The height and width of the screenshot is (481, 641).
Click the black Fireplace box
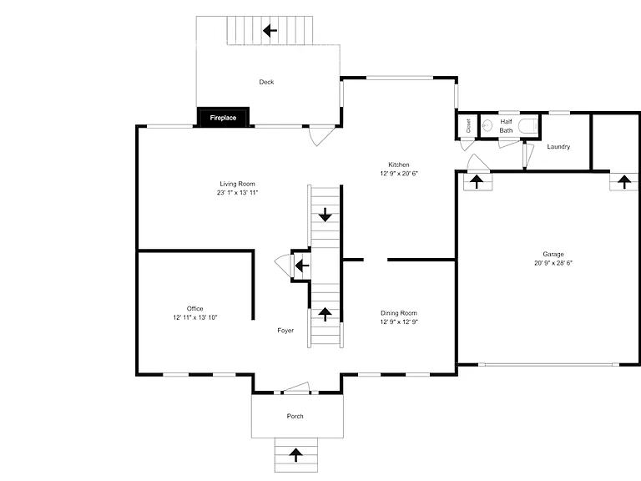223,118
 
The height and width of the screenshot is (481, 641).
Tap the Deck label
266,82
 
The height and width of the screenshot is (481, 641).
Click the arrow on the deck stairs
270,30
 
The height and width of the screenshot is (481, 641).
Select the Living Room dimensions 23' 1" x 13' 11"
238,193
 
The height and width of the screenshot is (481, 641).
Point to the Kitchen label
399,165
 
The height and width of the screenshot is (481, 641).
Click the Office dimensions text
195,317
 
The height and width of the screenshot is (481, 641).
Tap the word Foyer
285,331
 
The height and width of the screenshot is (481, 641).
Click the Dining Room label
399,313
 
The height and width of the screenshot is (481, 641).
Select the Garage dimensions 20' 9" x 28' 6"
553,263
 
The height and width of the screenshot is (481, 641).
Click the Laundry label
558,146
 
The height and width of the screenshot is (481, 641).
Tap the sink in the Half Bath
487,125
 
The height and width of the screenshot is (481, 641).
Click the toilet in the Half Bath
528,125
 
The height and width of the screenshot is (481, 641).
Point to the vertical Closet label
468,125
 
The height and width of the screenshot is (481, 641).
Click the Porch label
295,417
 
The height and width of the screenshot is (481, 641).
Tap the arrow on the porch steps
295,455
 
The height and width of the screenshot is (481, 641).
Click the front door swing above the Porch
296,387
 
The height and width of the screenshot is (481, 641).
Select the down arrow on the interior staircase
325,215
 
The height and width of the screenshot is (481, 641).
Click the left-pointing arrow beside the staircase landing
302,266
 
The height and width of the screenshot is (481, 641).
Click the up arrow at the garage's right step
623,181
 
